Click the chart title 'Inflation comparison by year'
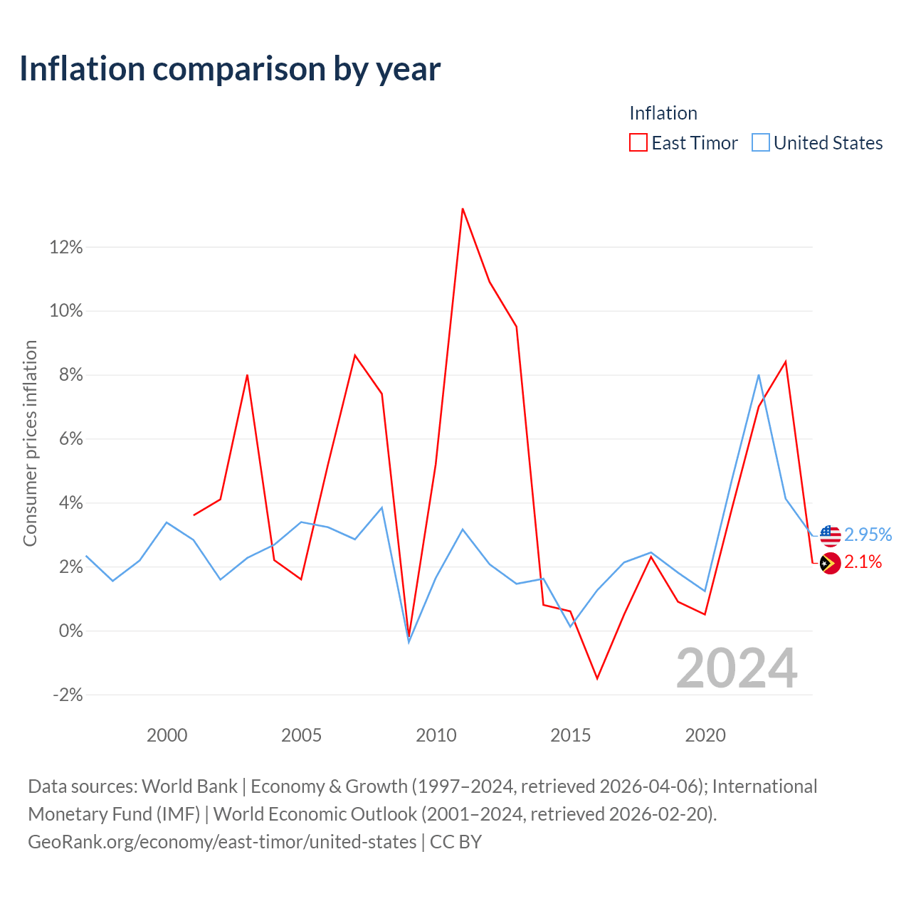pyautogui.click(x=230, y=68)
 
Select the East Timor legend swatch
pyautogui.click(x=638, y=142)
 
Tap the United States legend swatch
pyautogui.click(x=761, y=142)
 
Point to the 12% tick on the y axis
pyautogui.click(x=66, y=248)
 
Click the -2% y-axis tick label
pyautogui.click(x=68, y=695)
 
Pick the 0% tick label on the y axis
pyautogui.click(x=70, y=631)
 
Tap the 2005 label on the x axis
pyautogui.click(x=301, y=735)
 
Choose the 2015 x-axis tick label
pyautogui.click(x=570, y=735)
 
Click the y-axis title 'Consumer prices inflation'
pyautogui.click(x=30, y=443)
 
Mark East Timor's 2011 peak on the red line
pyautogui.click(x=463, y=209)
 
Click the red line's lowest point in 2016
pyautogui.click(x=597, y=678)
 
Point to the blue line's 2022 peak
pyautogui.click(x=759, y=375)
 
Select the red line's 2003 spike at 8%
pyautogui.click(x=247, y=375)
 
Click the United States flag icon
pyautogui.click(x=830, y=535)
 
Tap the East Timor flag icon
pyautogui.click(x=830, y=563)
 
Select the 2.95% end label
pyautogui.click(x=868, y=535)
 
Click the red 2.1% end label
pyautogui.click(x=863, y=562)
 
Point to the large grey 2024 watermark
pyautogui.click(x=737, y=668)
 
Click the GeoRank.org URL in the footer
pyautogui.click(x=222, y=842)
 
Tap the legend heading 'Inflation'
pyautogui.click(x=663, y=113)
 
